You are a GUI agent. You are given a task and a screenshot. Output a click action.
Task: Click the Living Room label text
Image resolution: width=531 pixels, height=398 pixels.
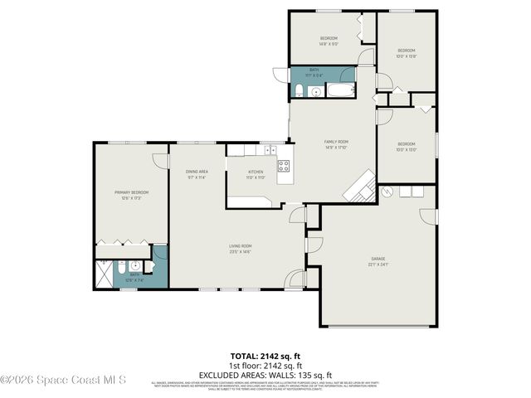241,246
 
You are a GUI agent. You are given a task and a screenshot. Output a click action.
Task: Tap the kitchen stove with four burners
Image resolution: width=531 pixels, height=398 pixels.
283,165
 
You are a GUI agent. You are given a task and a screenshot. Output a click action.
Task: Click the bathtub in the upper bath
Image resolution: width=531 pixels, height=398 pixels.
340,87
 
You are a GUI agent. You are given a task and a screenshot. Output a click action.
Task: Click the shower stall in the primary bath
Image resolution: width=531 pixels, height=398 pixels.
104,272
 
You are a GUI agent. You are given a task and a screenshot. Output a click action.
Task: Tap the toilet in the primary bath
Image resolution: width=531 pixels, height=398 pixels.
135,267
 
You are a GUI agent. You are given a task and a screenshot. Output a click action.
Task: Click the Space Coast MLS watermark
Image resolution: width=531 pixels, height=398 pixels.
63,380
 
